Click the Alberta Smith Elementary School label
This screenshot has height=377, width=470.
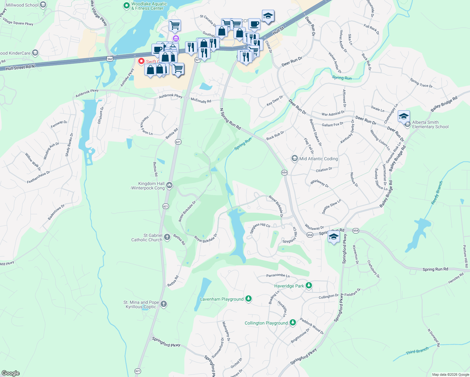(x=430, y=124)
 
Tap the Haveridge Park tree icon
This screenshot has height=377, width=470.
(x=309, y=285)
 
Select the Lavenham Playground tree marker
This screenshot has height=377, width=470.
(x=249, y=298)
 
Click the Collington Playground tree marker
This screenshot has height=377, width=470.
(x=293, y=322)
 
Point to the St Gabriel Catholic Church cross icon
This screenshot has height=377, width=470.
(x=167, y=237)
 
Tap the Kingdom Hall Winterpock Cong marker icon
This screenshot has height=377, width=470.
(x=169, y=185)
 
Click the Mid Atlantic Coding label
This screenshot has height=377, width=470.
(x=318, y=159)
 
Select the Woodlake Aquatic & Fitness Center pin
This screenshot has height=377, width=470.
(x=126, y=5)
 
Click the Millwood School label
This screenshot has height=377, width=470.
(x=22, y=5)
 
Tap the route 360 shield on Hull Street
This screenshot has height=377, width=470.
(x=110, y=59)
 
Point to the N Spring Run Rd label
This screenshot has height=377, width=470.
(x=230, y=119)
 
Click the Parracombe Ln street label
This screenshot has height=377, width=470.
(x=278, y=275)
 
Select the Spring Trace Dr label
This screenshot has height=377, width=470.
(x=421, y=83)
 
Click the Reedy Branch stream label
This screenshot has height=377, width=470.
(x=437, y=193)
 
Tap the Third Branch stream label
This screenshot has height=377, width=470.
(x=417, y=351)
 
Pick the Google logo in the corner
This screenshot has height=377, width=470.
(x=10, y=373)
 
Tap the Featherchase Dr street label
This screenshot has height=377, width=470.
(x=38, y=177)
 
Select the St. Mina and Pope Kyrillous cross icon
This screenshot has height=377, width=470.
(x=164, y=304)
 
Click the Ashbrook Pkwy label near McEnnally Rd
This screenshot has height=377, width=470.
(x=171, y=96)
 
